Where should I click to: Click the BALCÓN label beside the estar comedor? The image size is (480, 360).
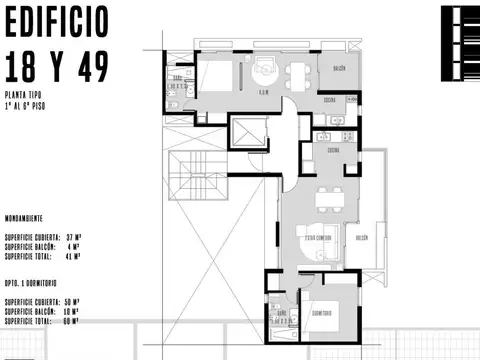point(361,237)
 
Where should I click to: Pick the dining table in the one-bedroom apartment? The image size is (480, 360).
point(325,201)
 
